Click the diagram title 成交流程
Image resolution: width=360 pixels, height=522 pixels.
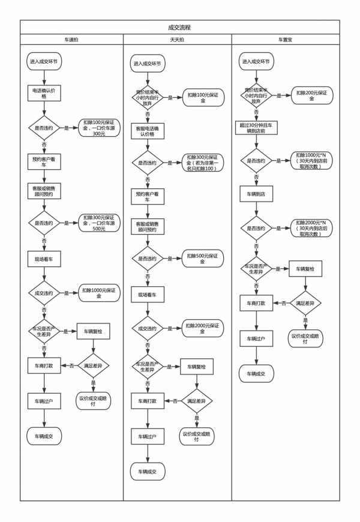click(x=180, y=28)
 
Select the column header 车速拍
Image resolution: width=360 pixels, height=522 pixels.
click(x=71, y=40)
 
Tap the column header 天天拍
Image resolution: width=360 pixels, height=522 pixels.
click(x=177, y=40)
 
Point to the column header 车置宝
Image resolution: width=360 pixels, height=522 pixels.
click(x=285, y=40)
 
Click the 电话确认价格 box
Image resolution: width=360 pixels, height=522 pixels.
click(x=44, y=92)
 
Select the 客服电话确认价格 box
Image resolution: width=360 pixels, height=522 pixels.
click(x=148, y=131)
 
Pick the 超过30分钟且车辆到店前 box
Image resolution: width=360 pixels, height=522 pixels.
click(x=257, y=128)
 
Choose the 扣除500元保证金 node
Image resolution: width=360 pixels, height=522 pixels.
click(x=203, y=259)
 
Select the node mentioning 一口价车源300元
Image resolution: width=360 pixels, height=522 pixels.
click(x=99, y=128)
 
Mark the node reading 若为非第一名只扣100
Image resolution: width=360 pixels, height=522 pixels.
click(x=203, y=162)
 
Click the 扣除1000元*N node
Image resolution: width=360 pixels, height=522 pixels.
click(x=312, y=160)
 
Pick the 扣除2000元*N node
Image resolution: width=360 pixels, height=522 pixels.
click(x=312, y=228)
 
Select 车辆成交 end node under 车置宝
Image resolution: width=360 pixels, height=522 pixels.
click(x=256, y=373)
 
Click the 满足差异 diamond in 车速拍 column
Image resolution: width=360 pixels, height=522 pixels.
click(x=93, y=365)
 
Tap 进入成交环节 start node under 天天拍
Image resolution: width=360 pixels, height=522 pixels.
click(x=148, y=64)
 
